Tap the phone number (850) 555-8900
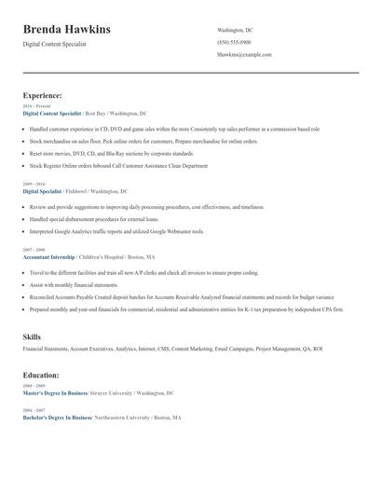tap(234, 43)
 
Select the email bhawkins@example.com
tap(244, 55)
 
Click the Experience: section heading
tap(43, 95)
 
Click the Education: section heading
tap(42, 375)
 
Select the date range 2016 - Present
tap(36, 106)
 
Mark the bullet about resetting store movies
tap(111, 153)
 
